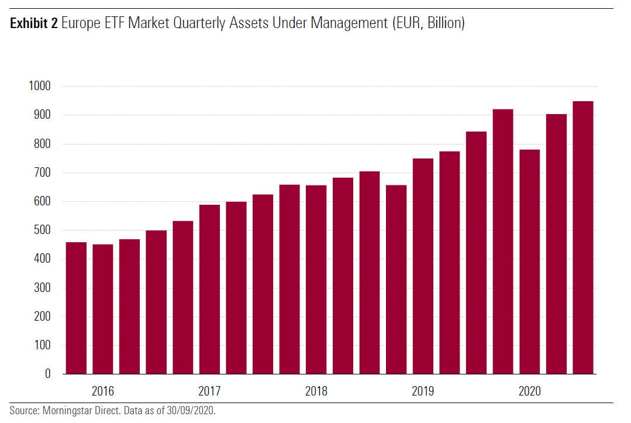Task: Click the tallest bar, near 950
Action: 583,238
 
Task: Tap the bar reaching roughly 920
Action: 503,242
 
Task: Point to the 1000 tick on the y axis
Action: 40,87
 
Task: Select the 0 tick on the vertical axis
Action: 49,374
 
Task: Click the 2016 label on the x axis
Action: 103,391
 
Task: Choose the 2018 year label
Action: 316,391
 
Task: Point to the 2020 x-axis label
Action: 530,391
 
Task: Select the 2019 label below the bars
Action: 423,391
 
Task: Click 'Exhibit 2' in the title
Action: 33,25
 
